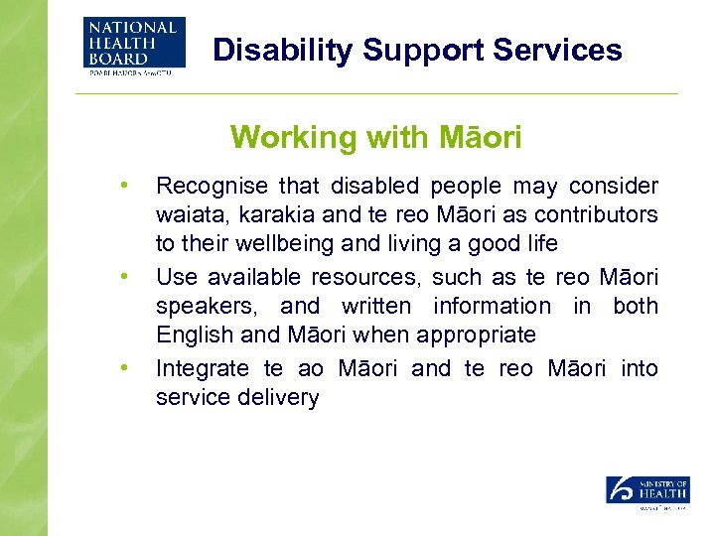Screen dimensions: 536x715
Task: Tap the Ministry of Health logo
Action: tap(647, 492)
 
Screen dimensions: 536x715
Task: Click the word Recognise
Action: tap(213, 187)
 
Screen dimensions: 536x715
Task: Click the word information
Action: tap(491, 307)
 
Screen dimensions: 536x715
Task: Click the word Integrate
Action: tap(203, 369)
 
